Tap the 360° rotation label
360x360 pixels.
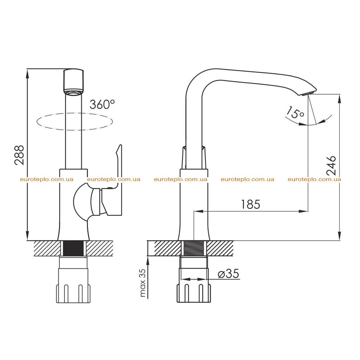(x=102, y=104)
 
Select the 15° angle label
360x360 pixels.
(x=295, y=112)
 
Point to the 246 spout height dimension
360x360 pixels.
(x=331, y=166)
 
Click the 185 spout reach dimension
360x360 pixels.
(x=250, y=204)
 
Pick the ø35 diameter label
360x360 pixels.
(x=228, y=274)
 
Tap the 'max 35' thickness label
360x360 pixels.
(x=143, y=283)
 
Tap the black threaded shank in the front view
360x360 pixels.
(x=73, y=249)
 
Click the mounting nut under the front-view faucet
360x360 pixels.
(x=73, y=294)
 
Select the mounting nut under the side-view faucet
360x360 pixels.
(x=194, y=293)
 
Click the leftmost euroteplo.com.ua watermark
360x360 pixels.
(x=47, y=179)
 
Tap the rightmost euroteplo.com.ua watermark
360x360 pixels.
(x=314, y=179)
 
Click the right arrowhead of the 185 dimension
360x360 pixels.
(x=303, y=211)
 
